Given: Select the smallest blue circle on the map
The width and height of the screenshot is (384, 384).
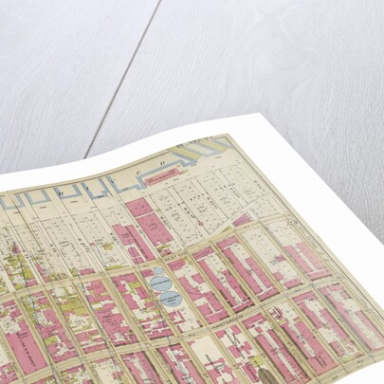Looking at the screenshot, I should [x=159, y=271].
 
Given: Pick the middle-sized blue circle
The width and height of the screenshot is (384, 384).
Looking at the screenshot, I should [x=161, y=282].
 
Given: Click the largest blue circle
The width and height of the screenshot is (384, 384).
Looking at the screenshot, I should [x=171, y=300].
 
